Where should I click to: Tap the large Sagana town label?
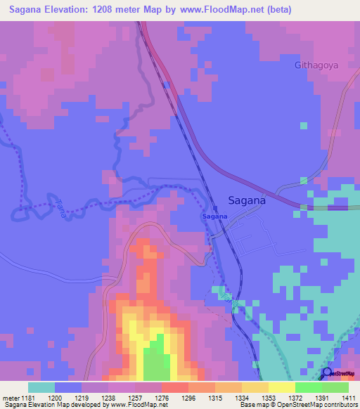click(x=247, y=200)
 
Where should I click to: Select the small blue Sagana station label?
click(x=214, y=216)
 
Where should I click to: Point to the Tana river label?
click(x=60, y=209)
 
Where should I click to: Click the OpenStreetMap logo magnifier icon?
click(x=328, y=373)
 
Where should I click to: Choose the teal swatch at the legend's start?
click(x=41, y=387)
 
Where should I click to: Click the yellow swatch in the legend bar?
click(x=281, y=387)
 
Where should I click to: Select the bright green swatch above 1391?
click(x=308, y=387)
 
